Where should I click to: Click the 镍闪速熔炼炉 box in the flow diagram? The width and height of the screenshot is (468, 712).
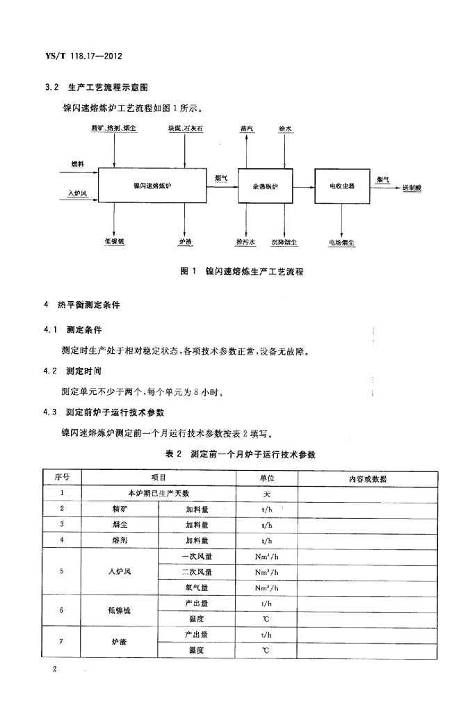152,185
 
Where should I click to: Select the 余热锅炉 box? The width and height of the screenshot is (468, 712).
265,186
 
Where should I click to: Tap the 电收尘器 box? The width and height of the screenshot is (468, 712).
342,186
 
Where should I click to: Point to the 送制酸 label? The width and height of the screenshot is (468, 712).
412,188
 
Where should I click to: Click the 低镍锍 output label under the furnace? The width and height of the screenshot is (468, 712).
114,241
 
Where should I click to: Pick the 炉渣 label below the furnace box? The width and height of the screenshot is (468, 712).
185,242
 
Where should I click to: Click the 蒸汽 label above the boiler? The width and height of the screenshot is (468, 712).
246,129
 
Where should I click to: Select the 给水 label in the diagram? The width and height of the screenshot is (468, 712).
285,129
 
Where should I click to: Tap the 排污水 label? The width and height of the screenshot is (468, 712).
245,242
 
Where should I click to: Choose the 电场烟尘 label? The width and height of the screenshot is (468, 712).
341,243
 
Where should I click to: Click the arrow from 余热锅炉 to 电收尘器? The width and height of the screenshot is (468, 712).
304,186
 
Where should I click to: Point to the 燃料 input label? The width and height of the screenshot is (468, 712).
78,164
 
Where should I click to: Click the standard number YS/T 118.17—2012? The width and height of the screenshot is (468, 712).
83,56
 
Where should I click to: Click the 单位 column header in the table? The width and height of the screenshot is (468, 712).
267,478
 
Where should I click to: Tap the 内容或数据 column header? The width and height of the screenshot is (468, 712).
368,478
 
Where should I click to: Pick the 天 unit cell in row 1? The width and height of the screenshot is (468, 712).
267,494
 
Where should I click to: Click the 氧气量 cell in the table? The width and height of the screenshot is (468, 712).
197,588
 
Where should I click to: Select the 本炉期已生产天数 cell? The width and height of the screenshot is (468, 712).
159,493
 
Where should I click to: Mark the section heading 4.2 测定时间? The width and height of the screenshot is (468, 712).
72,371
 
